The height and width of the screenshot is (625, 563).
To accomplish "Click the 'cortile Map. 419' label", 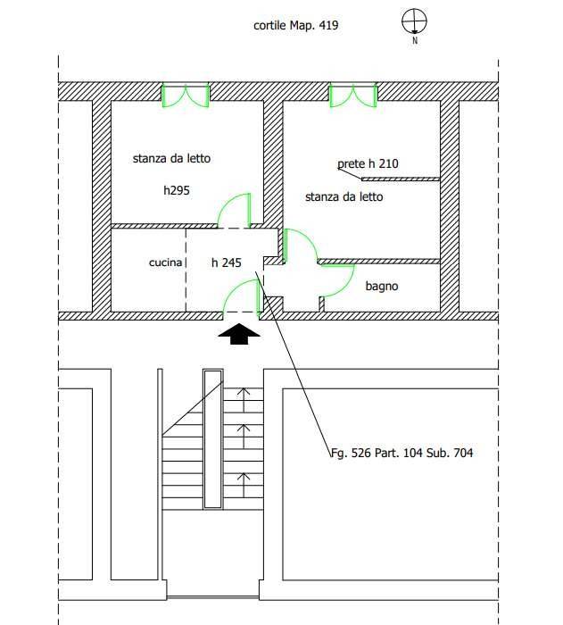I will (295, 26).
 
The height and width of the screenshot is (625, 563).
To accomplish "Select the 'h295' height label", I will (177, 190).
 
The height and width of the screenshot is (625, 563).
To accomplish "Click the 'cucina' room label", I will (165, 263).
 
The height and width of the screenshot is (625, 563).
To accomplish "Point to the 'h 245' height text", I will (226, 263).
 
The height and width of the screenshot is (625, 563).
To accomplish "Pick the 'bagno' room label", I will (381, 287).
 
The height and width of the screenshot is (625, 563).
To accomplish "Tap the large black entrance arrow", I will (240, 333).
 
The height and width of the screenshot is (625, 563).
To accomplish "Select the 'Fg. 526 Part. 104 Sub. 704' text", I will (402, 453).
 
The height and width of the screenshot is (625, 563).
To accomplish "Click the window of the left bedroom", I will (185, 95).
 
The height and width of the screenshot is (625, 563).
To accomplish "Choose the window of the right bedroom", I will (352, 95).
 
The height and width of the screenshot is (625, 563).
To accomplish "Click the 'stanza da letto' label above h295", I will (171, 159).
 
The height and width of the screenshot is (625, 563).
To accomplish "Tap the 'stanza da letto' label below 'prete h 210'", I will (344, 196).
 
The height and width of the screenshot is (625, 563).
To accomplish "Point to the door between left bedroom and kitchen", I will (234, 211).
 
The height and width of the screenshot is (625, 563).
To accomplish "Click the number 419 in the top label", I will (327, 26).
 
